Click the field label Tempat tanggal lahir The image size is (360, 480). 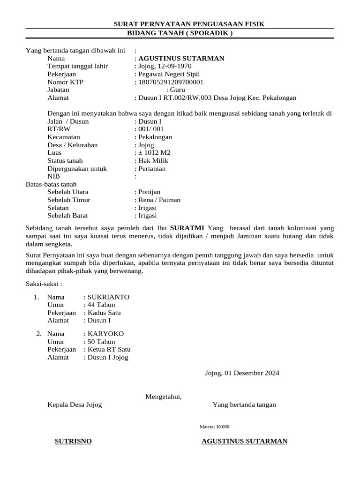click(x=78, y=66)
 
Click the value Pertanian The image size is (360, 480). click(x=151, y=169)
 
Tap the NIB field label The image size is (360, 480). click(x=54, y=177)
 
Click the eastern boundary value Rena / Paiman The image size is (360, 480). click(x=159, y=200)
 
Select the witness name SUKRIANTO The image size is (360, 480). click(x=108, y=297)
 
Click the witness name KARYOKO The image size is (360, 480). click(x=105, y=334)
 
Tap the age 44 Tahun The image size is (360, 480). click(x=101, y=305)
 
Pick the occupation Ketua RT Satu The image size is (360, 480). click(x=109, y=350)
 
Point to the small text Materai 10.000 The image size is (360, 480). click(x=215, y=427)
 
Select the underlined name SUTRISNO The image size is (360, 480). click(x=73, y=442)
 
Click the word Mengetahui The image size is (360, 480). click(x=163, y=397)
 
